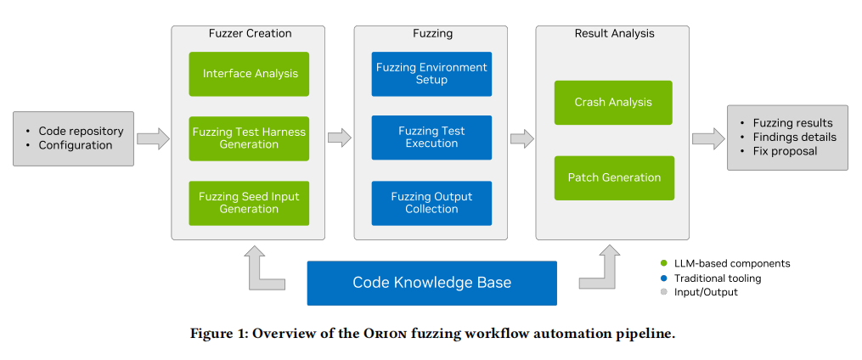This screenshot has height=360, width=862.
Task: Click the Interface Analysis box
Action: tap(249, 74)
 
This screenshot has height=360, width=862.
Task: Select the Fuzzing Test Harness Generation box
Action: tap(249, 138)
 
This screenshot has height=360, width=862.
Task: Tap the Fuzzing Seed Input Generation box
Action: tap(249, 204)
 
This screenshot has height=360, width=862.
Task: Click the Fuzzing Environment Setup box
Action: tap(431, 74)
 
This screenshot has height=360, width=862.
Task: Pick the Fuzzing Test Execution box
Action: tap(431, 138)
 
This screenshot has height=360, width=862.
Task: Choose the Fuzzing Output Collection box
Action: tap(431, 204)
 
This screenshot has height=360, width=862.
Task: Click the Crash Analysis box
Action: tap(613, 103)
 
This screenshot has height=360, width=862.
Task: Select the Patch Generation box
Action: tap(614, 178)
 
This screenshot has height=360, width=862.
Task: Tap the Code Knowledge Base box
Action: tap(431, 283)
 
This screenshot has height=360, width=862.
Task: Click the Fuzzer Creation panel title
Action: tap(251, 33)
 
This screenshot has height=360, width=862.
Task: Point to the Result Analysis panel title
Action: tap(615, 33)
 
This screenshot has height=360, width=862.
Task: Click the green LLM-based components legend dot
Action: tap(663, 264)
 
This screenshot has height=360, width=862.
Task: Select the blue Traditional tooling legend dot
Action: tap(663, 278)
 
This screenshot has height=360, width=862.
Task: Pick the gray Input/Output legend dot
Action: tap(663, 292)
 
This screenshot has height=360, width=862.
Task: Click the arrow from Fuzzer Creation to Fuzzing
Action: tap(340, 138)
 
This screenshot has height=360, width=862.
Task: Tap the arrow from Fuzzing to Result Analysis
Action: tap(522, 138)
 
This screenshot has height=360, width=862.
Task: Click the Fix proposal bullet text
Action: tap(785, 151)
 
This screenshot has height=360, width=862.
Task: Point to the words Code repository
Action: tap(81, 132)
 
